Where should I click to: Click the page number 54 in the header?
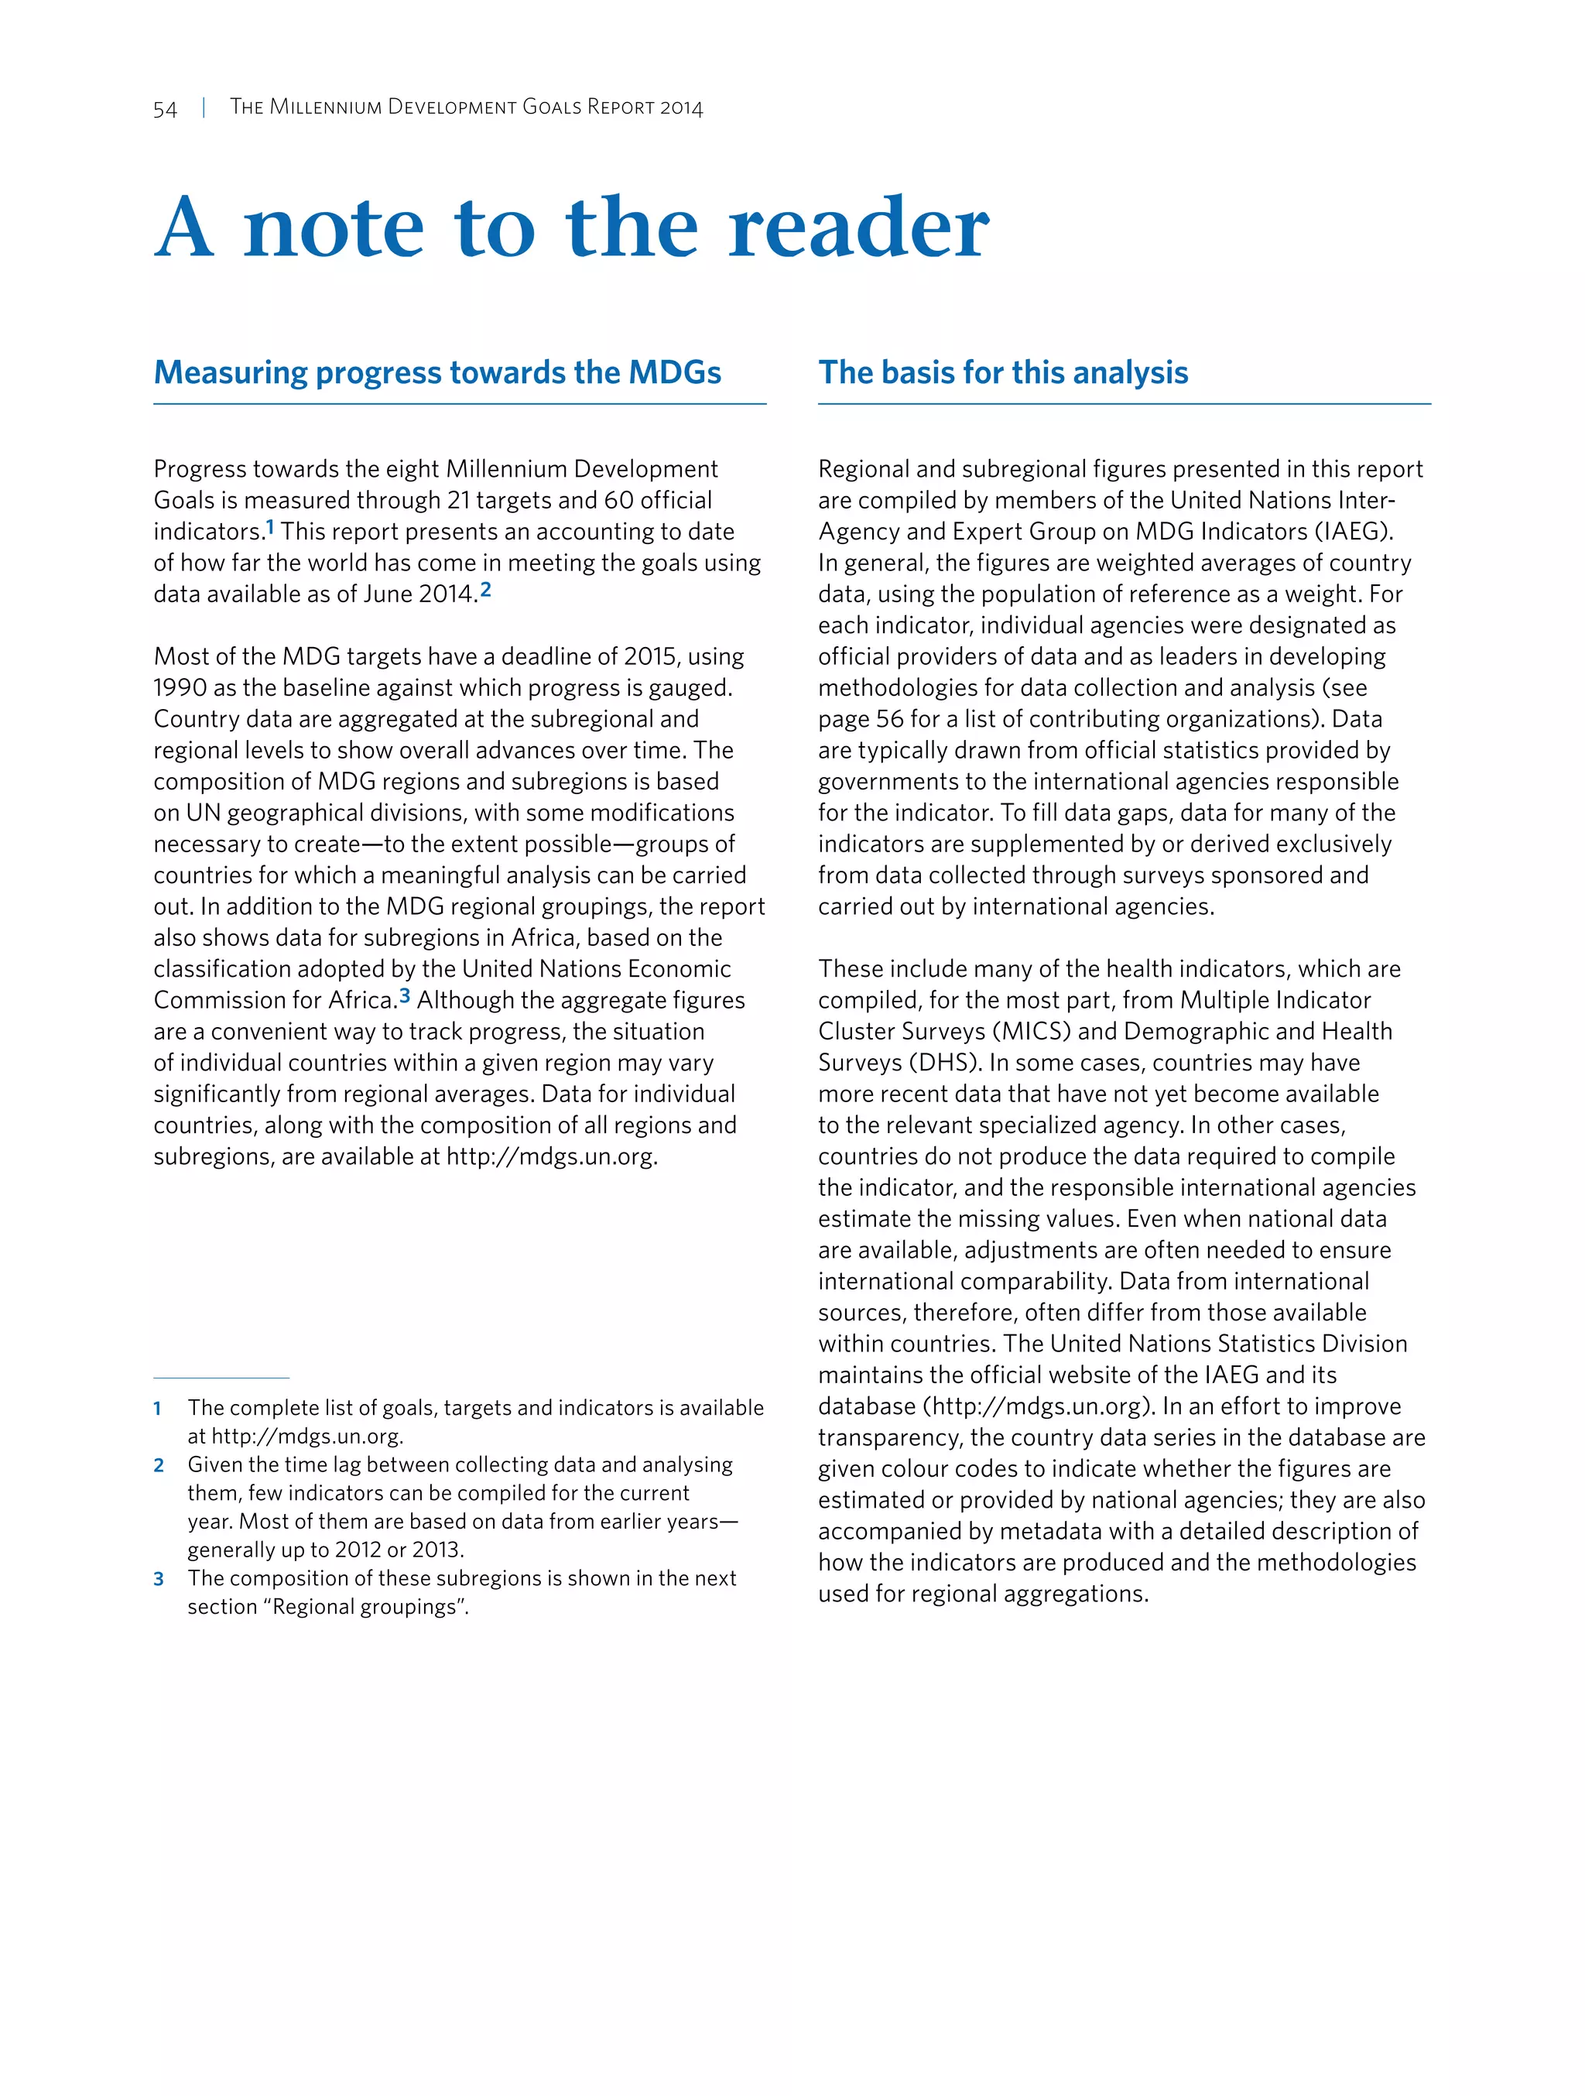pos(165,109)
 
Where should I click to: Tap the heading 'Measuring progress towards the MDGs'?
pos(436,372)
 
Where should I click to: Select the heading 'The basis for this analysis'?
pos(1002,372)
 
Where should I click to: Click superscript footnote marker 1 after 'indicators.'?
pos(270,527)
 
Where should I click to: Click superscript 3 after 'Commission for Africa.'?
pos(405,996)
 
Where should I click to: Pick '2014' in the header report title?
pos(681,108)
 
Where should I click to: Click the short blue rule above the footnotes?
pos(221,1378)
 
